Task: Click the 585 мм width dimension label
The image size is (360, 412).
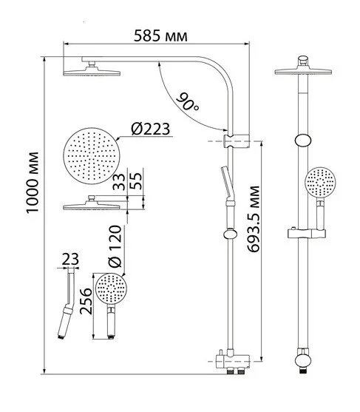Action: point(160,36)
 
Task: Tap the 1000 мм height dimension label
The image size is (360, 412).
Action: point(33,183)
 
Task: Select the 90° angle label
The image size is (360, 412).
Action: point(188,102)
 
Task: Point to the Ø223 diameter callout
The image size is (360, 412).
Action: point(151,129)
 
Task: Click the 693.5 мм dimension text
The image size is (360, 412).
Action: point(254,219)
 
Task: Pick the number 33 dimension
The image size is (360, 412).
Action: point(119,181)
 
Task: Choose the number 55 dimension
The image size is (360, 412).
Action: point(136,181)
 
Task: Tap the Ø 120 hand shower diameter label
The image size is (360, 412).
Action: point(115,246)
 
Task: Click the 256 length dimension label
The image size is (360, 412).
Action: point(86,301)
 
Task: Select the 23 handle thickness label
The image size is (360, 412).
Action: point(70,259)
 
